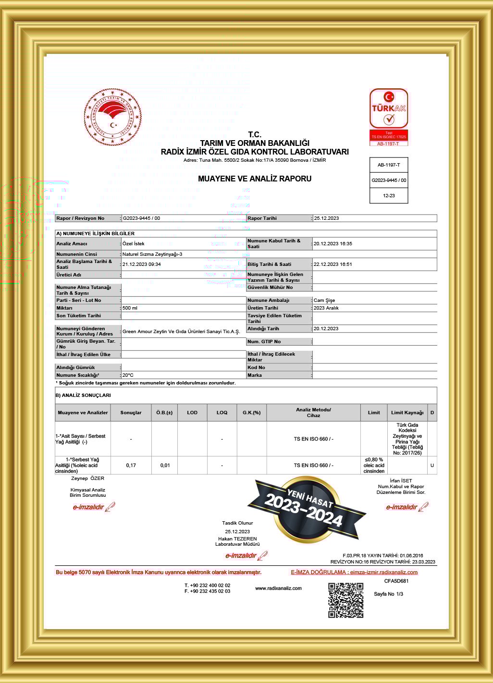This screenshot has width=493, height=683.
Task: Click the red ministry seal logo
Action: [113, 117]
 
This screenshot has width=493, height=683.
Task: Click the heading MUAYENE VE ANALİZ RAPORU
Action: [255, 179]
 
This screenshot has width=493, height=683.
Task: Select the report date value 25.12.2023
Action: [326, 218]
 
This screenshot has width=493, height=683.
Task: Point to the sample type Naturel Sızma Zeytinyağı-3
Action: [152, 254]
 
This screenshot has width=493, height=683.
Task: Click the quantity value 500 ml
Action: [130, 308]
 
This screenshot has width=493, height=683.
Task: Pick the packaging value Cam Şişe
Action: [324, 300]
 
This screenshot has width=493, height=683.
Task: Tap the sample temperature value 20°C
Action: [128, 375]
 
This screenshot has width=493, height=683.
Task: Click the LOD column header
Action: [192, 413]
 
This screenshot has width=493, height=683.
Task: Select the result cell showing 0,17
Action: [131, 465]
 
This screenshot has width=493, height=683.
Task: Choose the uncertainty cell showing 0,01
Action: [165, 465]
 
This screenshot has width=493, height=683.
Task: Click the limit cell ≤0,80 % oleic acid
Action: [374, 465]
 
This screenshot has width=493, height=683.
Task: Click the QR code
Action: [345, 600]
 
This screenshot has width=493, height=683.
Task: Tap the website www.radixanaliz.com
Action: [278, 588]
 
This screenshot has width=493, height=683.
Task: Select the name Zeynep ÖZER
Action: [87, 479]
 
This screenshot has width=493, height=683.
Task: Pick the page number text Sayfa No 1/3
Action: [388, 594]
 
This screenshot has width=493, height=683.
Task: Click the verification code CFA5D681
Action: [396, 581]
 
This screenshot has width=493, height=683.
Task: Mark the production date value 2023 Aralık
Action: [326, 308]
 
